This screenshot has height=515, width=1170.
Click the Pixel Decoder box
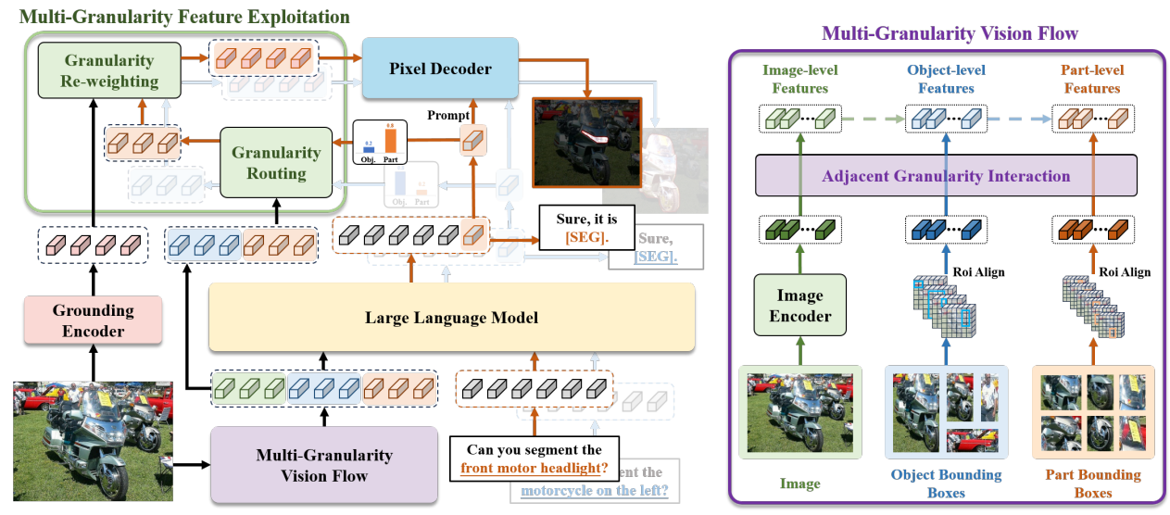pos(427,68)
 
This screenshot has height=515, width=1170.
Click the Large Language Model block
pos(451,318)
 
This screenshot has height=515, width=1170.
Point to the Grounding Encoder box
pos(80,320)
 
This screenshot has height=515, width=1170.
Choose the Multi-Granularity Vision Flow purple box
pos(323,465)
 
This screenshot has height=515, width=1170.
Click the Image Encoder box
pos(800,306)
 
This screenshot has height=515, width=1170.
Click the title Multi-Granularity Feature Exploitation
pos(184,17)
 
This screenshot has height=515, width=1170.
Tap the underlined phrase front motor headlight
pos(534,468)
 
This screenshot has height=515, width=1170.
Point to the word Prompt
pos(449,115)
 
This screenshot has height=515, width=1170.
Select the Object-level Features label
pos(947,79)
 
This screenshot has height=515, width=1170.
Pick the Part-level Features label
pos(1092,79)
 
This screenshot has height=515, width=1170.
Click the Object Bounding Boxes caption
pos(946,484)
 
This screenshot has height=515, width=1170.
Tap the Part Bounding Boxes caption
pos(1092,484)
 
